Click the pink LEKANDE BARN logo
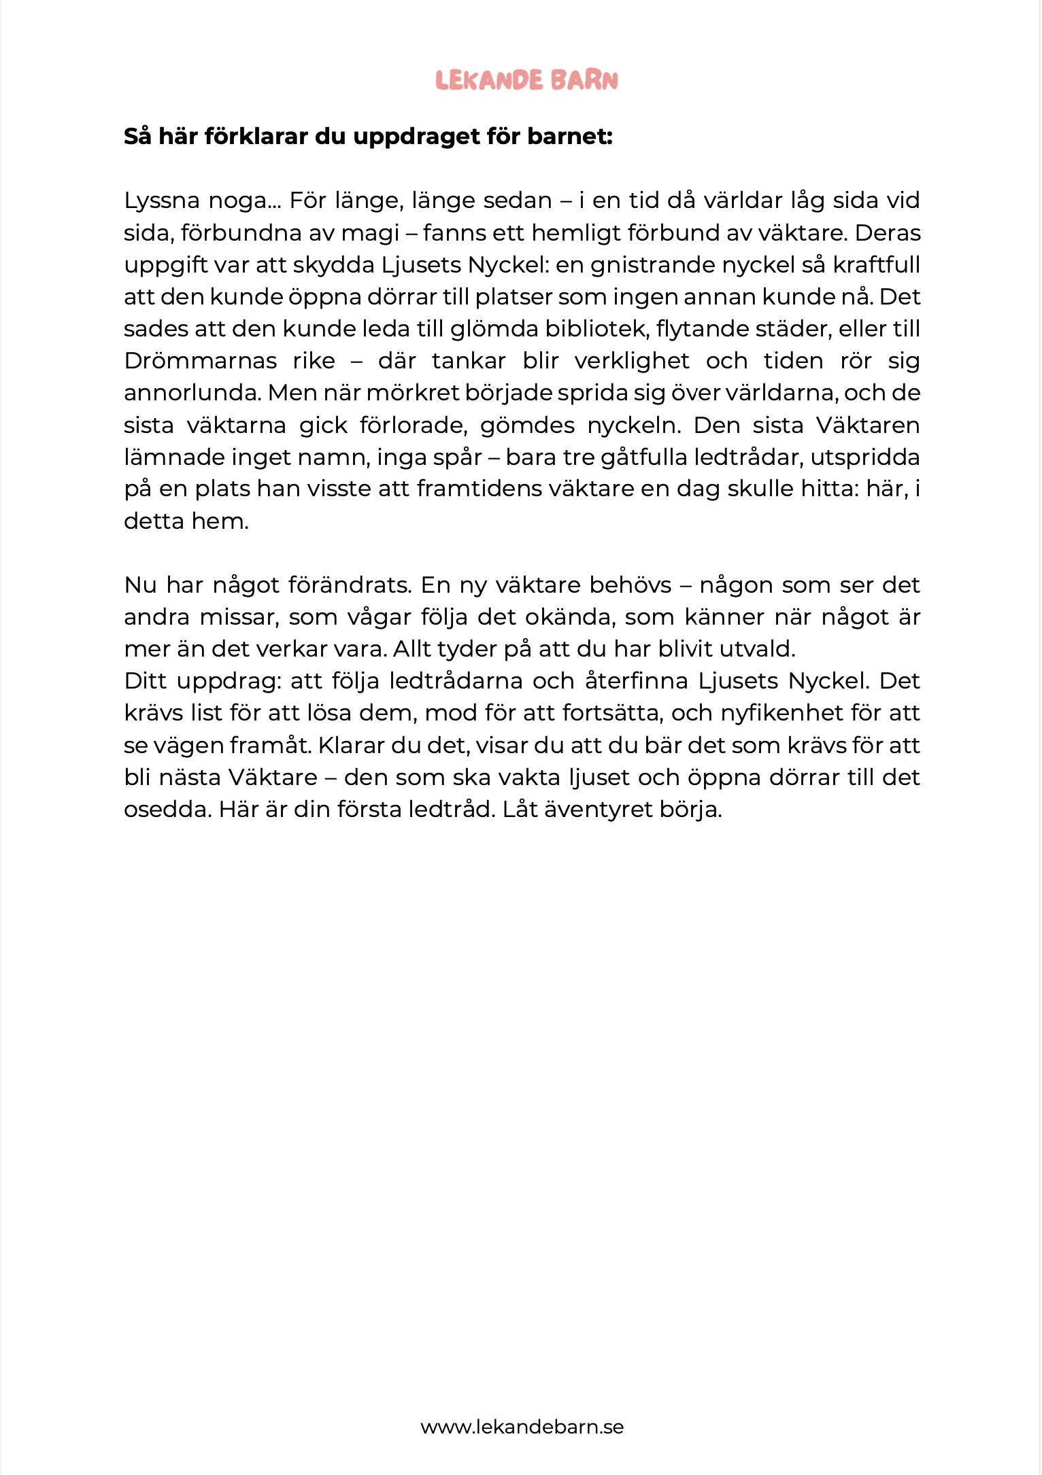(526, 80)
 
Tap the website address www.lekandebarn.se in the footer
(522, 1426)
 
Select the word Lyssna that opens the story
(162, 201)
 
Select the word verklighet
(632, 361)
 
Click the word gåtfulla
(643, 457)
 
